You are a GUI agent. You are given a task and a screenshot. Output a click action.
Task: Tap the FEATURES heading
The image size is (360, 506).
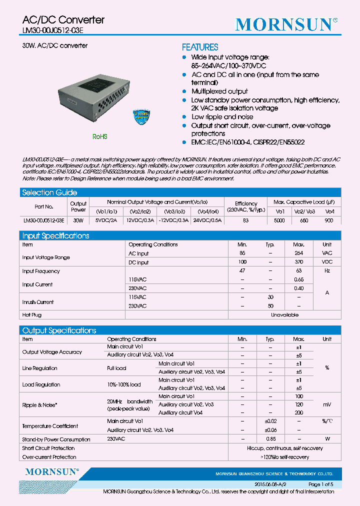pos(199,47)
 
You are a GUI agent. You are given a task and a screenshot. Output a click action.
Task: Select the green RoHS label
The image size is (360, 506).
pos(99,136)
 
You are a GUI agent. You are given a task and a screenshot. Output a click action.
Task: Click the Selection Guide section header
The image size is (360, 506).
pos(49,192)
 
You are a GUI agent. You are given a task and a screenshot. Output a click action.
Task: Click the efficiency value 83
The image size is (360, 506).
pos(246,220)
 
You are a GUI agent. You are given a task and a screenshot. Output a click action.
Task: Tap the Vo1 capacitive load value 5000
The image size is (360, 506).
pos(279,220)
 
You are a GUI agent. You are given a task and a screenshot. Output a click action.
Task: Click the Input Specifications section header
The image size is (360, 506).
pos(55,235)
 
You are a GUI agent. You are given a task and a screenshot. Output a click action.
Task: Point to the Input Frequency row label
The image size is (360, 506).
pos(41,271)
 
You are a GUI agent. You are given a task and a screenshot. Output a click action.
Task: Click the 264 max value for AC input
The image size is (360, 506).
pos(298,253)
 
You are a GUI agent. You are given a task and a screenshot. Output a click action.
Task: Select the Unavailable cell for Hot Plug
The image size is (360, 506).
pos(284,315)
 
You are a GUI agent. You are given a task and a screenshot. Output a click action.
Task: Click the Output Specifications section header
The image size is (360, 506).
pos(59,330)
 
